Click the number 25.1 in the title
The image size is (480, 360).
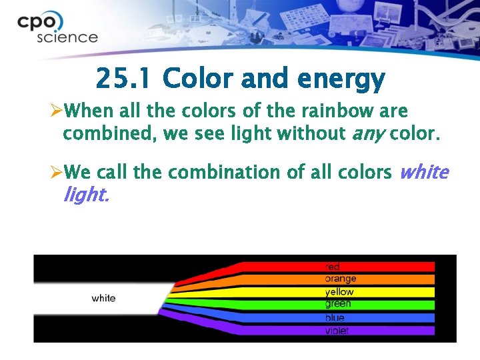tap(123, 79)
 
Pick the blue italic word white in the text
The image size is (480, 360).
tap(423, 172)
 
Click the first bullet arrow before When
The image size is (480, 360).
tap(57, 110)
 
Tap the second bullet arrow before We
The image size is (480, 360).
tap(57, 172)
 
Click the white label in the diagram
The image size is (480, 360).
tap(103, 298)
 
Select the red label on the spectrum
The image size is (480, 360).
tap(333, 267)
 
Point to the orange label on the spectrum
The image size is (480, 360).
tap(340, 279)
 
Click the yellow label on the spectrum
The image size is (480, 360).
tap(339, 292)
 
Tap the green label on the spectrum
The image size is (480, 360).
tap(338, 304)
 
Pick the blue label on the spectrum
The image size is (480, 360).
tap(335, 318)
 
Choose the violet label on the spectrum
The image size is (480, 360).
tap(337, 331)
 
